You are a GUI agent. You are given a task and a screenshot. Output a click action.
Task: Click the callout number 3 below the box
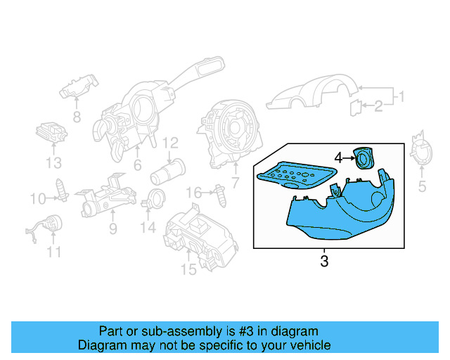324,262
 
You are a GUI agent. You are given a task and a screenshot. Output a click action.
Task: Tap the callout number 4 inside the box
337,158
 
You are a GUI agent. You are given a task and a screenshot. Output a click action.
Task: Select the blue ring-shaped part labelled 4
365,159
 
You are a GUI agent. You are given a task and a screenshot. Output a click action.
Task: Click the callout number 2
378,106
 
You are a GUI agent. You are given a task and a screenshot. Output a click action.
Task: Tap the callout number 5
422,186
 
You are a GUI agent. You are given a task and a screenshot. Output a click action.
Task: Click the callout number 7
235,184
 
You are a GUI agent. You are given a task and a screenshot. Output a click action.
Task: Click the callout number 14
146,227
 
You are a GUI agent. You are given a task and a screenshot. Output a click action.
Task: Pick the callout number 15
188,269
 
